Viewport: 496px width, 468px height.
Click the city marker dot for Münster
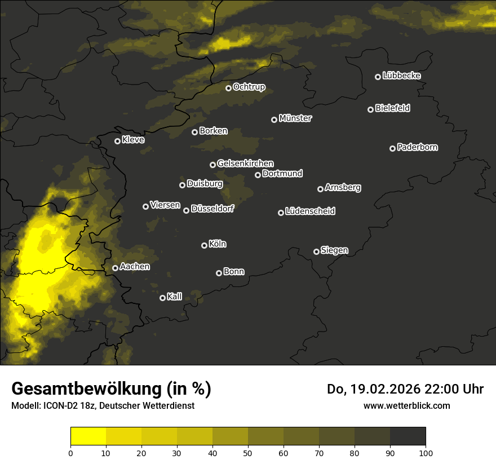[274, 120]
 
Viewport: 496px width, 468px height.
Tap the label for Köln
[218, 244]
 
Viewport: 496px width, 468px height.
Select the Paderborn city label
[418, 147]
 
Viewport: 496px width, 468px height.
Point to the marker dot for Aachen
[116, 268]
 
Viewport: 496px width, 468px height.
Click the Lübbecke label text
[401, 76]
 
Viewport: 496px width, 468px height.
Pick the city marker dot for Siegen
[316, 251]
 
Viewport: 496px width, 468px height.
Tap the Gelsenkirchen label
[245, 164]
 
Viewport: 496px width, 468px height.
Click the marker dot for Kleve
[118, 141]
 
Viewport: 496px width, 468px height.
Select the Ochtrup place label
[249, 87]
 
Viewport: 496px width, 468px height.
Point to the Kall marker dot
[163, 298]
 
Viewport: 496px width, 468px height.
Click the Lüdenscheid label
[310, 211]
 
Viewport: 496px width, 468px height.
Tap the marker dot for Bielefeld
[371, 109]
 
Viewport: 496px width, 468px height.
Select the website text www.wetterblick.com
[407, 405]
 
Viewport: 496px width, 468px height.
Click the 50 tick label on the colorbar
[248, 453]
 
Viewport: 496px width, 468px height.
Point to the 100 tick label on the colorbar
[426, 453]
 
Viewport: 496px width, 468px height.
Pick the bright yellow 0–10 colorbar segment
[88, 436]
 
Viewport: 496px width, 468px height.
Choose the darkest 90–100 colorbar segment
[408, 436]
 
